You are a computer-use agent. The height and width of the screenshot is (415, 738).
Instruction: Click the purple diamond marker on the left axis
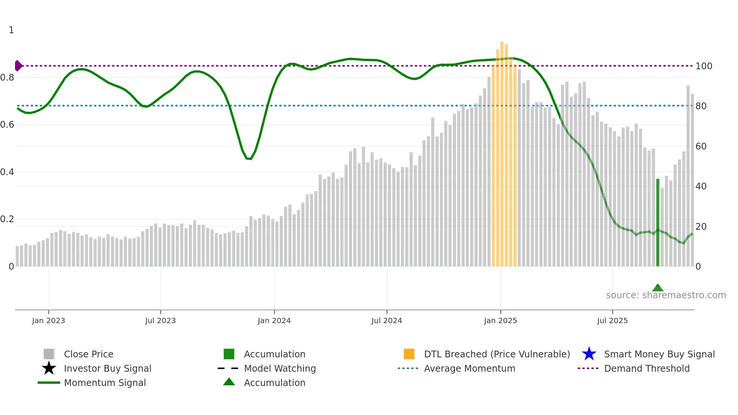coord(18,66)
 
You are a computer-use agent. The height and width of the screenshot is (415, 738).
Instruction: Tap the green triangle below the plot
coord(657,288)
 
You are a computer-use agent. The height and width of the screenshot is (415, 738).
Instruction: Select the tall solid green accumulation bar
coord(657,222)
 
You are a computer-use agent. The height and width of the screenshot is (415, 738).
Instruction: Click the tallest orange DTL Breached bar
coord(502,154)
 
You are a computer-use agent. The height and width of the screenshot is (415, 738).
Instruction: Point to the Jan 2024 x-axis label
coord(274,320)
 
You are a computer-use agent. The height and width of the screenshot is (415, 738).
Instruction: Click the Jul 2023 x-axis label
coord(160,320)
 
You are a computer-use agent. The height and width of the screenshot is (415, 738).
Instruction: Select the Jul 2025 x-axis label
coord(612,320)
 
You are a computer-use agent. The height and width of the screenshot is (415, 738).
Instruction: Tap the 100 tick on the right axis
coord(703,66)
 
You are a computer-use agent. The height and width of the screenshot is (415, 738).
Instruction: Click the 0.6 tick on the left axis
coord(7,125)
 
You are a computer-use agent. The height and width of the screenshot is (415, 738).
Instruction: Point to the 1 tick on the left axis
coord(11,30)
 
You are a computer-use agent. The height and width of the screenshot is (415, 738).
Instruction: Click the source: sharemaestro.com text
coord(666,295)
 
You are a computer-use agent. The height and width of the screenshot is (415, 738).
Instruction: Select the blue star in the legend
coord(589,354)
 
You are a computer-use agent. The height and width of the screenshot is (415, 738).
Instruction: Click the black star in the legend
coord(49,368)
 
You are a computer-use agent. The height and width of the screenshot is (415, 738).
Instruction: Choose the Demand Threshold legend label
coord(647,368)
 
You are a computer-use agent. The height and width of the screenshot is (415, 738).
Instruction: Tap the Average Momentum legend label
coord(469,368)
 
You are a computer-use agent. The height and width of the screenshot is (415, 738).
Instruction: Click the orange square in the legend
coord(409,354)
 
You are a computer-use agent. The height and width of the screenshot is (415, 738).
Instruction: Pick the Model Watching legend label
coord(280,368)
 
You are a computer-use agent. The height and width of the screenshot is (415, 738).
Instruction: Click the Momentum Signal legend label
coord(105,383)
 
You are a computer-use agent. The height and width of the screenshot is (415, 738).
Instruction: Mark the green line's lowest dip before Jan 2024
coord(249,159)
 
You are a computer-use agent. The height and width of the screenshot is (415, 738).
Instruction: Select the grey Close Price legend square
coord(49,354)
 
